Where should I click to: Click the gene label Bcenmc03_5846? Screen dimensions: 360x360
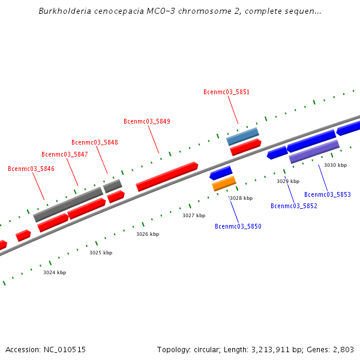(31, 169)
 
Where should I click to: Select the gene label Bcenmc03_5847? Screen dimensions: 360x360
(65, 154)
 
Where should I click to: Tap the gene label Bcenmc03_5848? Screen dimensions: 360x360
(95, 142)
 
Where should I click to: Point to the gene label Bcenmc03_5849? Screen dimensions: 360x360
(147, 121)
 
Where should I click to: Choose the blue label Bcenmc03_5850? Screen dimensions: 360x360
(238, 226)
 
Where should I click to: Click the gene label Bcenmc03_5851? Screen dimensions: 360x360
(226, 92)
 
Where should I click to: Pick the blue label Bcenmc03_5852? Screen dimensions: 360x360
(294, 206)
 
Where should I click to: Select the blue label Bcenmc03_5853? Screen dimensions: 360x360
(328, 194)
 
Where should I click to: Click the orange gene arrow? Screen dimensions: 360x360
(224, 184)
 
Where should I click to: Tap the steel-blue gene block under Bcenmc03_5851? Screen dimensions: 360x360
(242, 136)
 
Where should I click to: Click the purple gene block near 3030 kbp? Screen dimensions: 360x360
(314, 152)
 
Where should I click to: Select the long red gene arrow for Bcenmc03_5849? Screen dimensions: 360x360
(167, 176)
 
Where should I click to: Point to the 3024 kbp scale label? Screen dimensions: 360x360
(55, 272)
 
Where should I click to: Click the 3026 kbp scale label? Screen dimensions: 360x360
(148, 234)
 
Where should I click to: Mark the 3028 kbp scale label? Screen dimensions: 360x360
(241, 198)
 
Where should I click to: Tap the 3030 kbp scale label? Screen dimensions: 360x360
(335, 165)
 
